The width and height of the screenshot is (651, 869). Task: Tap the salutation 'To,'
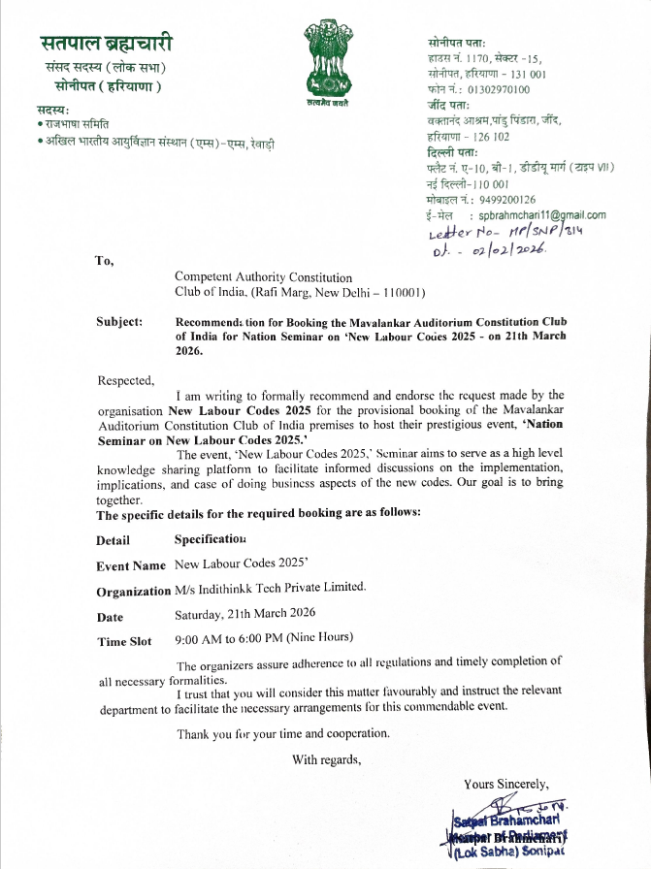[104, 260]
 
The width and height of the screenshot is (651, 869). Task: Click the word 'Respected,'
[126, 380]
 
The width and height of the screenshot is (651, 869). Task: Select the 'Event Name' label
[131, 565]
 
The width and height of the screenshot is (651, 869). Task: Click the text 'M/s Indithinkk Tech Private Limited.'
[270, 588]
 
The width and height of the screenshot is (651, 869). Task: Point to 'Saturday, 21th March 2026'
[244, 614]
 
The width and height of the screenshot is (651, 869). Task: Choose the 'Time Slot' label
[124, 641]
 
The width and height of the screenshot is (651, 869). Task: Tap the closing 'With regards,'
[327, 759]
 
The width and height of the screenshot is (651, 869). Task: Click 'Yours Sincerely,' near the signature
[505, 784]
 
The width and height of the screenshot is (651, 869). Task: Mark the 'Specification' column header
[210, 538]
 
